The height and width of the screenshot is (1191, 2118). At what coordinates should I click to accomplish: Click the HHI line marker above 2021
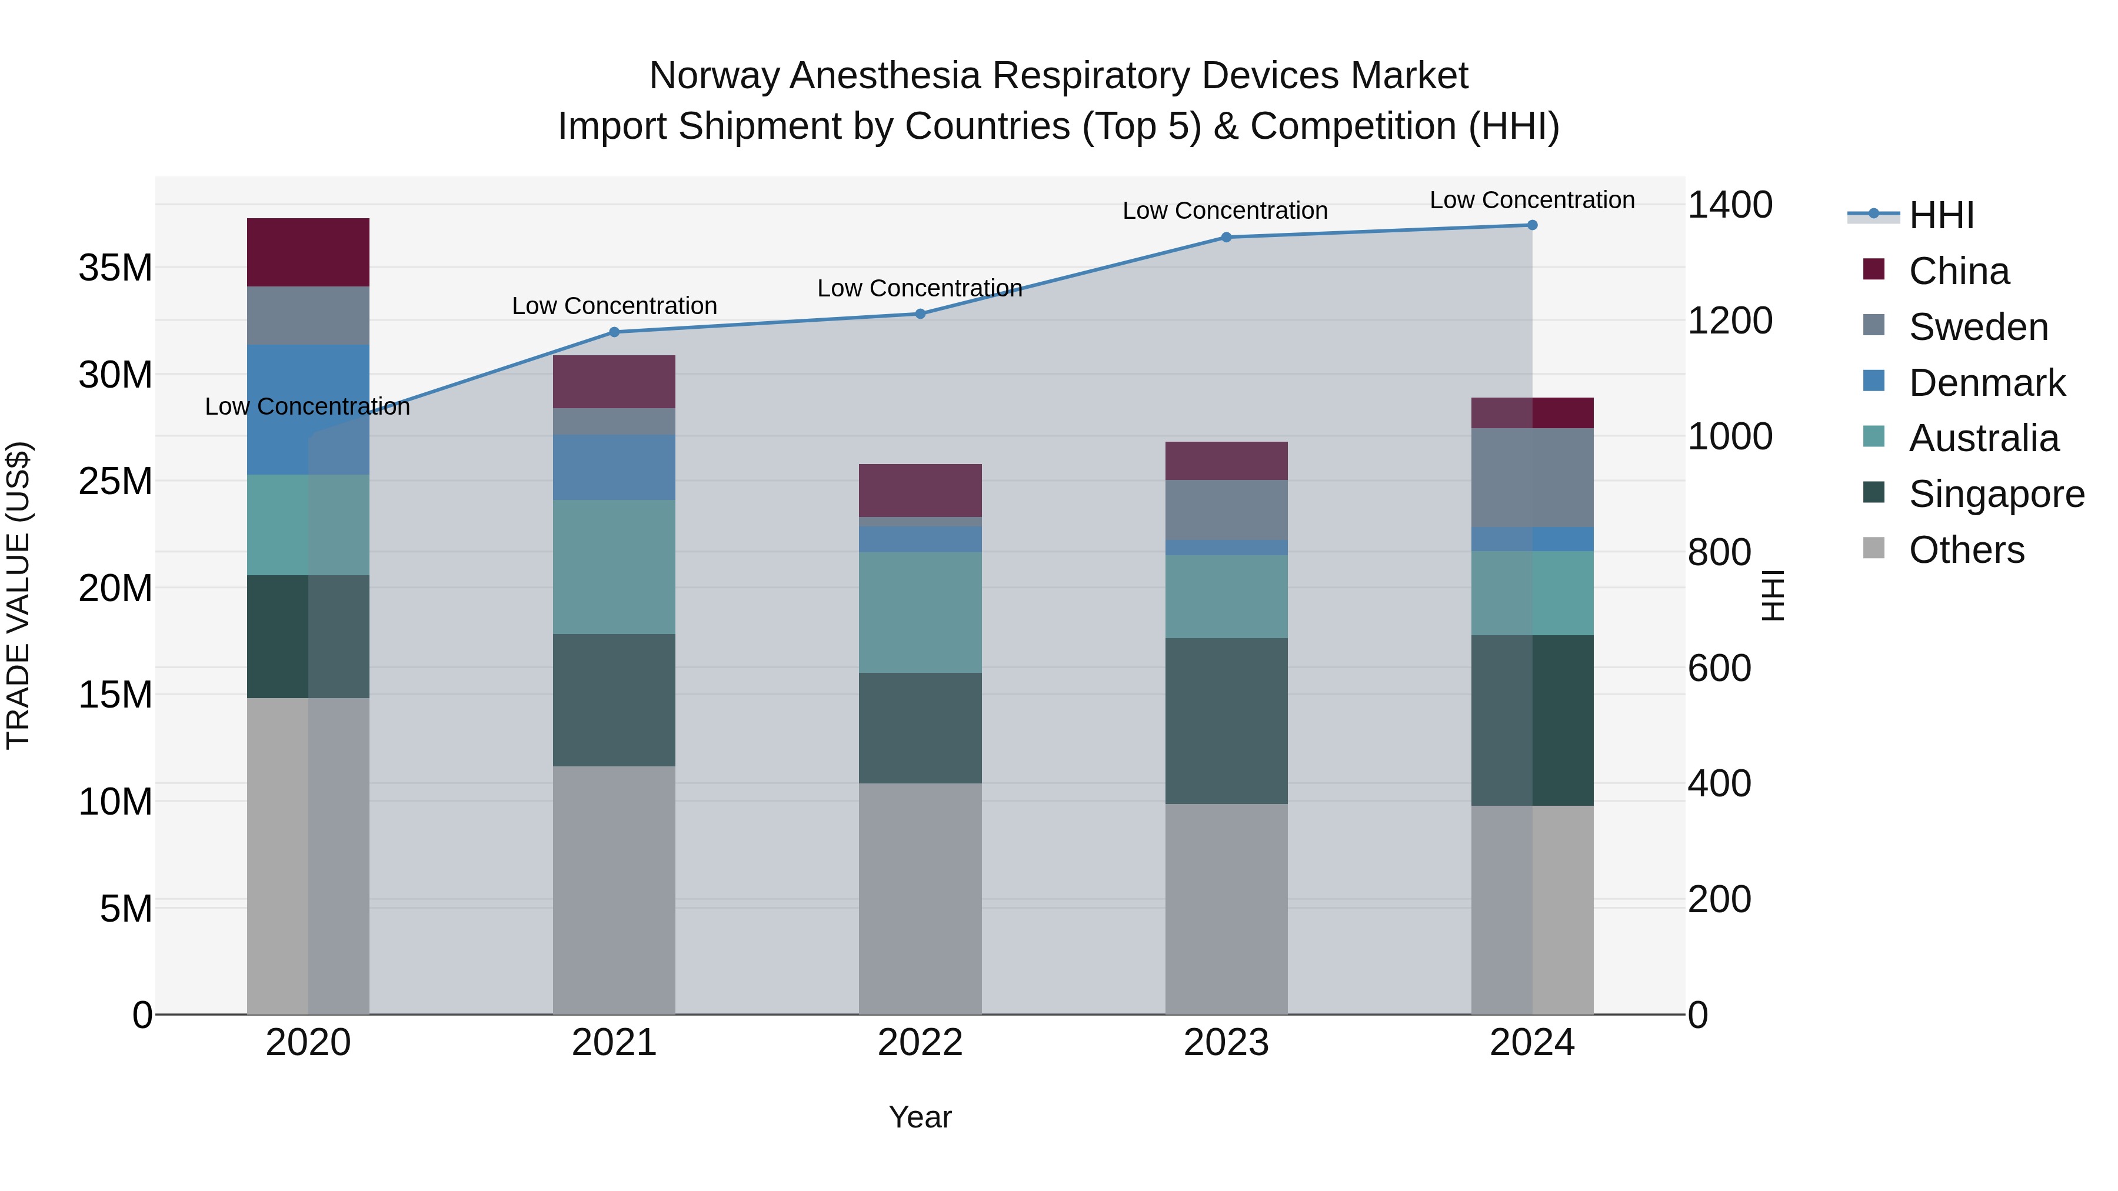coord(614,332)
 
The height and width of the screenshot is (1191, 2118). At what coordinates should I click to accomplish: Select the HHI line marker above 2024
coord(1532,225)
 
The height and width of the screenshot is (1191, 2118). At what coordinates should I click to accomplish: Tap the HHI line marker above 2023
coord(1226,238)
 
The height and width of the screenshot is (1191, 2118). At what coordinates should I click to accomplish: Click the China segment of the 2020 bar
coord(308,252)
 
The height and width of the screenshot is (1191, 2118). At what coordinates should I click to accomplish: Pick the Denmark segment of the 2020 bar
coord(308,409)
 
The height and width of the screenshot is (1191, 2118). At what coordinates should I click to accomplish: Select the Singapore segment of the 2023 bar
coord(1226,721)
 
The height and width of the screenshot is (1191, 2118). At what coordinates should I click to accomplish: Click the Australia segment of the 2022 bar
coord(920,612)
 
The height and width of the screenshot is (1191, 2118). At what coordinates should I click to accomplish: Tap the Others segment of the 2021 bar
coord(614,890)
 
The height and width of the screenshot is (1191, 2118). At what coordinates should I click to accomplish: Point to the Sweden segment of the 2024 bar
coord(1532,478)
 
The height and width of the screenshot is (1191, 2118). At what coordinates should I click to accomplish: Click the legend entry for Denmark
coord(1986,383)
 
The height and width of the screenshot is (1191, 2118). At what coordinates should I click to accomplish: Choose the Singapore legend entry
coord(1996,495)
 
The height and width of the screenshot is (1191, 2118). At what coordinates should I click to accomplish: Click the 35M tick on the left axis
coord(115,268)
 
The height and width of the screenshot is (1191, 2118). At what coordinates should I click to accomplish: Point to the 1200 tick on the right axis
coord(1730,321)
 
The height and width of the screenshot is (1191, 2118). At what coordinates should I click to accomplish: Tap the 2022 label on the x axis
coord(920,1043)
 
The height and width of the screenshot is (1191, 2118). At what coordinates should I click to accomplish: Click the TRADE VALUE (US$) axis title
coord(18,595)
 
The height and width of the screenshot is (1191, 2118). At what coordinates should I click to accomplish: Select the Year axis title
coord(920,1117)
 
